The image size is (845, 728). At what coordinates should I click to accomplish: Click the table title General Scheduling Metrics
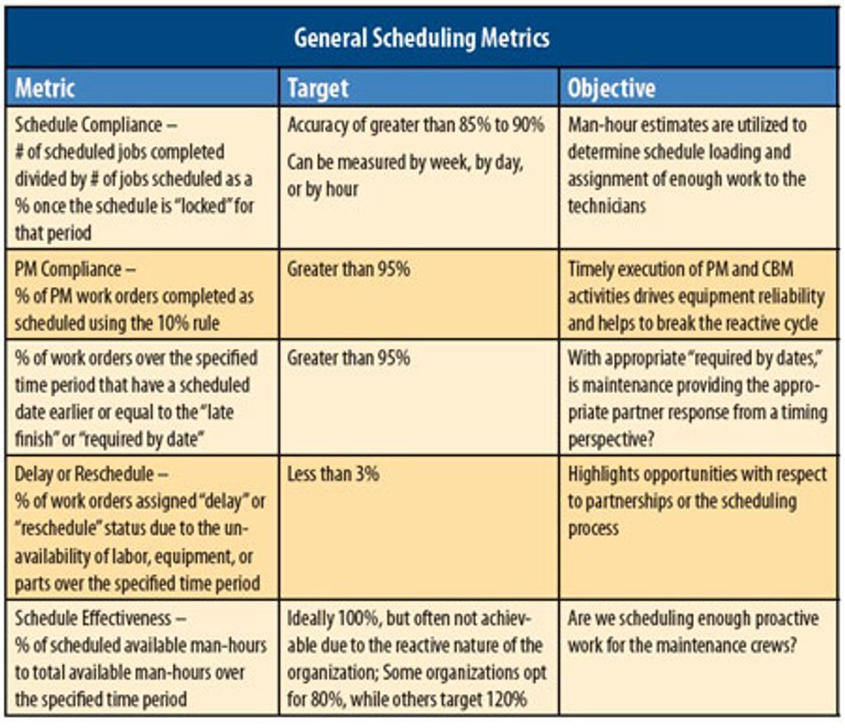pos(422,38)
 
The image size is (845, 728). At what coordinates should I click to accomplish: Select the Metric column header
pos(46,88)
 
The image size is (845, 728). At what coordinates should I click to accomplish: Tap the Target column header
pos(318,88)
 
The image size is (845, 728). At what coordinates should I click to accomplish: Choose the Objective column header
pos(611,88)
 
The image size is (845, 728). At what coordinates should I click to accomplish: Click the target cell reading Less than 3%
pos(334,473)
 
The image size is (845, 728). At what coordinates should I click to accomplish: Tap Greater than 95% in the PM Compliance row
pos(348,269)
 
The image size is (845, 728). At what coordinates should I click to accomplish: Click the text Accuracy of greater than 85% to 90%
pos(416,125)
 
